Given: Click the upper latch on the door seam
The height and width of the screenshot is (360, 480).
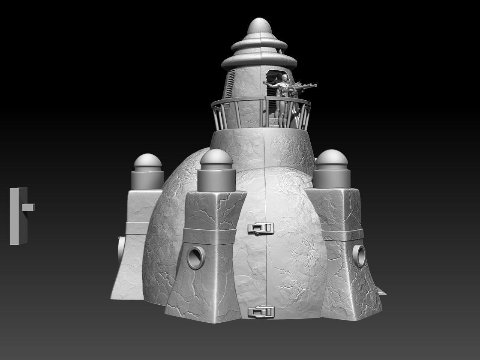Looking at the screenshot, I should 261,229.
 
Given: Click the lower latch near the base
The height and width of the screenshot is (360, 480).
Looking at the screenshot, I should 261,311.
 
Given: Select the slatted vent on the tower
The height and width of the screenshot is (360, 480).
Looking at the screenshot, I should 231,84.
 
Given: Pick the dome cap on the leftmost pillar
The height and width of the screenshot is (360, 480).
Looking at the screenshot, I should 148,162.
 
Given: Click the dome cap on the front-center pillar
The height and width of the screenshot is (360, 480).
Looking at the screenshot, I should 216,158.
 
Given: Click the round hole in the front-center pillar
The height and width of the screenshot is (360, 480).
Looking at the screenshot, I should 196,258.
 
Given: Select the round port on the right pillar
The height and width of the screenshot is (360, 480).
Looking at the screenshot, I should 359,255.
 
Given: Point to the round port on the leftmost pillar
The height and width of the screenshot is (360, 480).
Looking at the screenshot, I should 122,249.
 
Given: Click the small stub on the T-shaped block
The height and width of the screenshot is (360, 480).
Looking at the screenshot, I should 29,207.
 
